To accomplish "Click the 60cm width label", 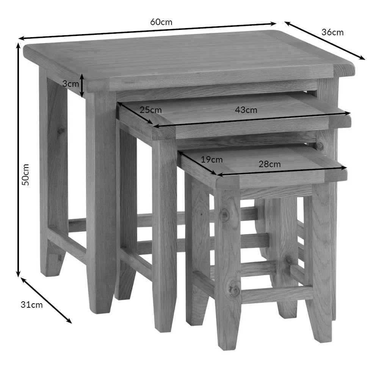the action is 161,22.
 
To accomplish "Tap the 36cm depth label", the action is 332,32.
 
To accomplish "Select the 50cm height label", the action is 25,175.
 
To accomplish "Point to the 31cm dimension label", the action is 32,305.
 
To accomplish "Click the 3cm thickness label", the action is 70,84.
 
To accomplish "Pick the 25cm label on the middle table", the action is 150,110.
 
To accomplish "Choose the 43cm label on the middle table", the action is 246,110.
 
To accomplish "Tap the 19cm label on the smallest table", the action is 212,160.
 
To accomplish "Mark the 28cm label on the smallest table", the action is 269,164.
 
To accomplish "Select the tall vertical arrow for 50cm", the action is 18,160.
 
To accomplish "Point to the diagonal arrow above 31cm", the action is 46,301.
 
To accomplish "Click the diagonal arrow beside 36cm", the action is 325,41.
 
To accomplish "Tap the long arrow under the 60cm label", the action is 147,31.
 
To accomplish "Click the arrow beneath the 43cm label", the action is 252,120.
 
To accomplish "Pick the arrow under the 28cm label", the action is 282,171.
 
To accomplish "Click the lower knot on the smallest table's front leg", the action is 233,289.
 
